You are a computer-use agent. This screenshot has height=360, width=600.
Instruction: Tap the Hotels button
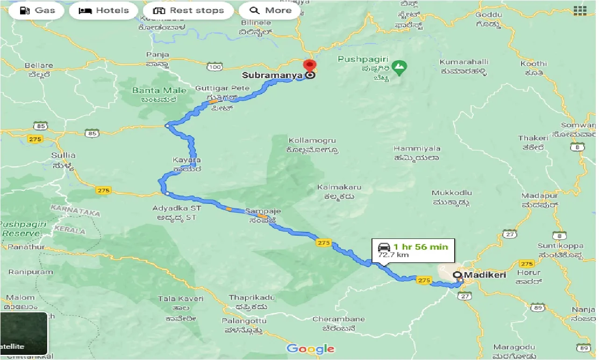[x=103, y=10]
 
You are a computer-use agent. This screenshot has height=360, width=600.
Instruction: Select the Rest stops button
[x=188, y=10]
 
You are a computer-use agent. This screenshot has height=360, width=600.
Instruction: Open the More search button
[x=270, y=10]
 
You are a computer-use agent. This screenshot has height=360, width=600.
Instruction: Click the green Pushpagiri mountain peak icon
[x=399, y=68]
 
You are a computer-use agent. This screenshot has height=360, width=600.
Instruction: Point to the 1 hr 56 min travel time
[x=420, y=247]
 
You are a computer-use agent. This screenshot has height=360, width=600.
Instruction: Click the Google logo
[x=311, y=349]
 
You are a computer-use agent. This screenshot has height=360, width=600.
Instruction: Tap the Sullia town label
[x=64, y=155]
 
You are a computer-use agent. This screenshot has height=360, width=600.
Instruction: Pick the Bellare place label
[x=39, y=65]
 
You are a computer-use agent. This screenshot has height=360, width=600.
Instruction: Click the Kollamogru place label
[x=313, y=140]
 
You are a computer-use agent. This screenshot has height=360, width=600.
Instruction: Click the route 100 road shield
[x=215, y=67]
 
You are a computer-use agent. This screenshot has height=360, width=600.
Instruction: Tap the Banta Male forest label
[x=159, y=91]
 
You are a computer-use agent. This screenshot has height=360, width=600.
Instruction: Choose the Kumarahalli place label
[x=464, y=62]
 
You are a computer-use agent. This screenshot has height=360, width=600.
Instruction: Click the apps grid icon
[x=580, y=10]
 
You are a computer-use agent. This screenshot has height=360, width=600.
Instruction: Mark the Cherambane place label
[x=338, y=319]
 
